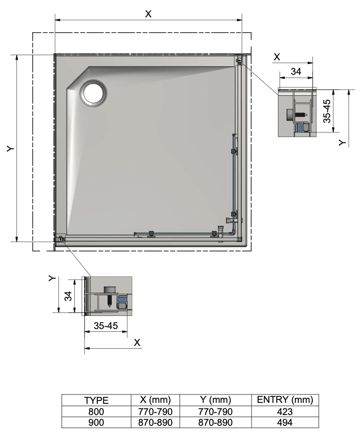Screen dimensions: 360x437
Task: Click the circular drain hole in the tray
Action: pyautogui.click(x=94, y=93)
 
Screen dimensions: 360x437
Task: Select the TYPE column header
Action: pyautogui.click(x=96, y=400)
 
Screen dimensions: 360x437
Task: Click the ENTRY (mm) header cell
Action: pyautogui.click(x=285, y=400)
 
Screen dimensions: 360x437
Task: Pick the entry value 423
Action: pyautogui.click(x=285, y=411)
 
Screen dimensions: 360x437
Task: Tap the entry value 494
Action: pyautogui.click(x=285, y=423)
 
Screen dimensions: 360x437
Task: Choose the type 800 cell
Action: pyautogui.click(x=96, y=411)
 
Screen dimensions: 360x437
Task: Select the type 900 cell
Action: pyautogui.click(x=96, y=423)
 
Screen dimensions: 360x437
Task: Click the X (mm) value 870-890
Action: pyautogui.click(x=155, y=423)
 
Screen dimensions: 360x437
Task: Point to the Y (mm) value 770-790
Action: pyautogui.click(x=215, y=411)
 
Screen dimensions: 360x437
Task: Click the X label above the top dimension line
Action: pyautogui.click(x=148, y=14)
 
